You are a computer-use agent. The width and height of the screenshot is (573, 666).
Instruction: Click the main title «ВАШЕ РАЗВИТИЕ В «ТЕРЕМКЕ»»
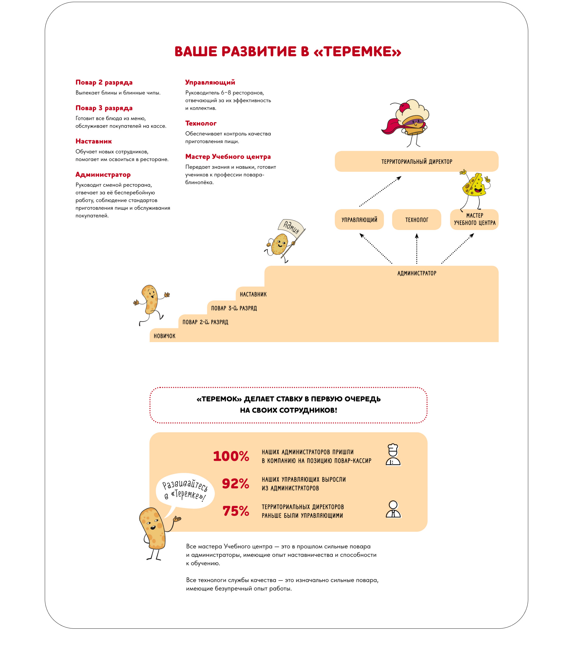(287, 51)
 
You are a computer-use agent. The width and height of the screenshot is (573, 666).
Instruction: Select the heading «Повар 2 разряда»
(104, 82)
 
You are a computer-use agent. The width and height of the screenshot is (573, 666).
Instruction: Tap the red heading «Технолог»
(201, 123)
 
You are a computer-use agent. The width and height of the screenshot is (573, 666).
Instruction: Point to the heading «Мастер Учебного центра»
(228, 157)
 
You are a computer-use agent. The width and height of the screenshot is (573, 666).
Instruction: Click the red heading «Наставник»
(94, 141)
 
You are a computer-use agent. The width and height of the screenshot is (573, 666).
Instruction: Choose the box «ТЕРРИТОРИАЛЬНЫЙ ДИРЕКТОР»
(416, 161)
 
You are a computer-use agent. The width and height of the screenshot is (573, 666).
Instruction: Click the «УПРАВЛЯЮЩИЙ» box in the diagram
(359, 220)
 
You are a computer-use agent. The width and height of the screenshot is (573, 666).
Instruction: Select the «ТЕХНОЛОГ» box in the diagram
(416, 220)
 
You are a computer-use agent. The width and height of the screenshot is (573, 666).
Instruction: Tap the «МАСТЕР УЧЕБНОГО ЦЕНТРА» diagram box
(474, 219)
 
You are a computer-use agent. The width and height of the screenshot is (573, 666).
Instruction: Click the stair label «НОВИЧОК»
(164, 336)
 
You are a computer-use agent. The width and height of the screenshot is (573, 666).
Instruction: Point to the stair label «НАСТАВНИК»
(253, 294)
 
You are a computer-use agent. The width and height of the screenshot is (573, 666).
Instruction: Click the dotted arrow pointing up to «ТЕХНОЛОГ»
(417, 248)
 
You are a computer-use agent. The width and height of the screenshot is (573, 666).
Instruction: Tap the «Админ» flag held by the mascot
(291, 227)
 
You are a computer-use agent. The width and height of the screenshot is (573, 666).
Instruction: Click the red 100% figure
(231, 456)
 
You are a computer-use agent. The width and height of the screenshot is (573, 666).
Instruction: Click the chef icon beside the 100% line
(393, 455)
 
